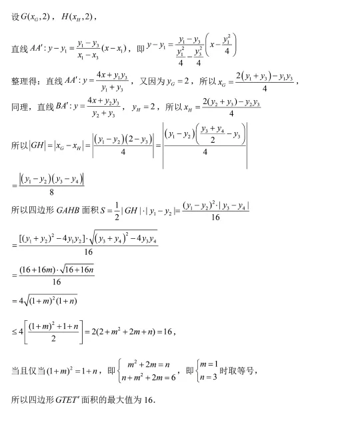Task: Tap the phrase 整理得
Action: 24,82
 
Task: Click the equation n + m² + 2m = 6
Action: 148,377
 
